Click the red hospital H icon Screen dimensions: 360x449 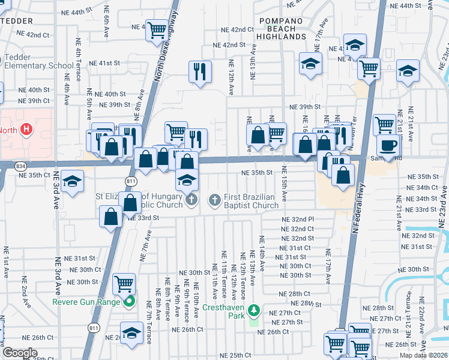point(26,129)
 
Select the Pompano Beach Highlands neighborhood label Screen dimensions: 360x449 point(282,28)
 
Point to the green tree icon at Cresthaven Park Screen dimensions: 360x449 point(255,310)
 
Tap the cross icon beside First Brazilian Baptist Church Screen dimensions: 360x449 point(215,199)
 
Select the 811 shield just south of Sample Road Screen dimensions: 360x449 point(131,180)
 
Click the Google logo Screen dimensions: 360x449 point(20,353)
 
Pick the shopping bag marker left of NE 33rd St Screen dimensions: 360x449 point(111,217)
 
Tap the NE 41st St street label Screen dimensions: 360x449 point(106,63)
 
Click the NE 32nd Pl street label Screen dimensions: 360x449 point(298,220)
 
